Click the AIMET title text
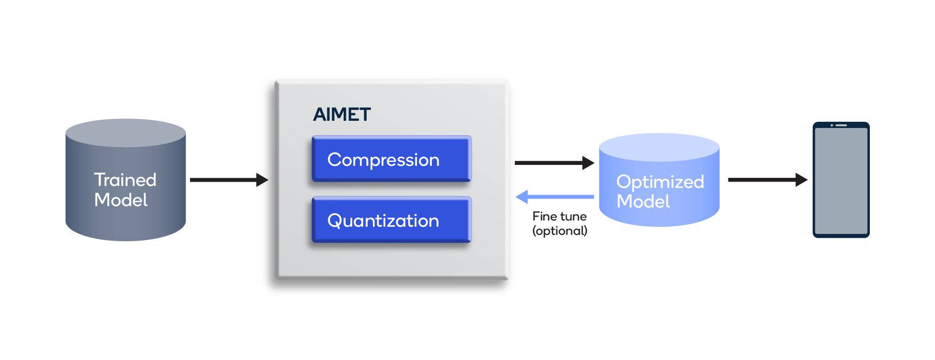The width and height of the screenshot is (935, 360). [342, 115]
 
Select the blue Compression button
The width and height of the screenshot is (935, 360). [392, 159]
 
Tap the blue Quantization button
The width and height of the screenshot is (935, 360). [392, 220]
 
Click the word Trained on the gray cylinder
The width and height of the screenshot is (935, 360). [125, 180]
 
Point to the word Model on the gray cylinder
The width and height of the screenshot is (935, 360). [121, 200]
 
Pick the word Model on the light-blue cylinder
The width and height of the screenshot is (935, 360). [643, 201]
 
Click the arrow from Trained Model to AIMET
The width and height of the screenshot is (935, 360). [229, 180]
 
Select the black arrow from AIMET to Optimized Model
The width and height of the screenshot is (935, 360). [554, 163]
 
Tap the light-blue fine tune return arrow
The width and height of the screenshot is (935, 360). [554, 197]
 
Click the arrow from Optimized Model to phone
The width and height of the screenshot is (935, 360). [768, 180]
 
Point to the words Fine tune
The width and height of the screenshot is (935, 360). [559, 217]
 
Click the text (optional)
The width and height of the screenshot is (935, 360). [560, 231]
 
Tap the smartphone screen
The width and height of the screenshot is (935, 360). [841, 181]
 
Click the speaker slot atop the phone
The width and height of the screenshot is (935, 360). [842, 125]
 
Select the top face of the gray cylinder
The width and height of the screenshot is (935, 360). [126, 133]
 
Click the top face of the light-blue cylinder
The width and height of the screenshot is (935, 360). [659, 147]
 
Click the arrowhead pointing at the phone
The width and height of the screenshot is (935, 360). [802, 180]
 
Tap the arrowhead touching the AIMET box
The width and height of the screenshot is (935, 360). [263, 180]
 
